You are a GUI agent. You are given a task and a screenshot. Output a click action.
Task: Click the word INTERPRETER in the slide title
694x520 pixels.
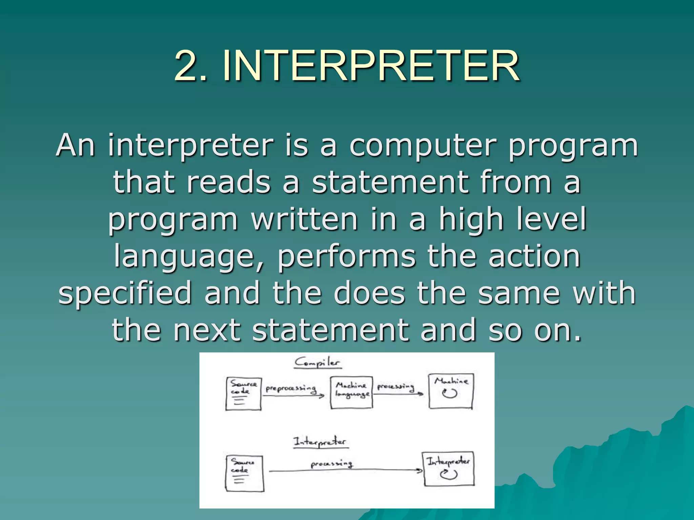point(371,66)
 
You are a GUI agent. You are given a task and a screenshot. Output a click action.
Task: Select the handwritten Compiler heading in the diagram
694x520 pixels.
point(317,363)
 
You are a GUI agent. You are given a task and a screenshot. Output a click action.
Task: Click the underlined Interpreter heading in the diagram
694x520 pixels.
point(320,442)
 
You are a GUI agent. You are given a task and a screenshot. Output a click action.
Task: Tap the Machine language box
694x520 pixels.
point(351,392)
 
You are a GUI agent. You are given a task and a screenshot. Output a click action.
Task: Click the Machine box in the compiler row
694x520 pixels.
point(451,391)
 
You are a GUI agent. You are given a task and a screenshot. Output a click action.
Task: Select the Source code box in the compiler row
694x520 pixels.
point(243,394)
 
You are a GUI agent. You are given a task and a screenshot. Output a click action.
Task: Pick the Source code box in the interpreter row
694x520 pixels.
point(244,473)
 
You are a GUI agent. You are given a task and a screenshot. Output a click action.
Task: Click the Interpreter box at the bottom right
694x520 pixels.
point(449,469)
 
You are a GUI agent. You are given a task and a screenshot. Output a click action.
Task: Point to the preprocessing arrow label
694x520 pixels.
point(291,388)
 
